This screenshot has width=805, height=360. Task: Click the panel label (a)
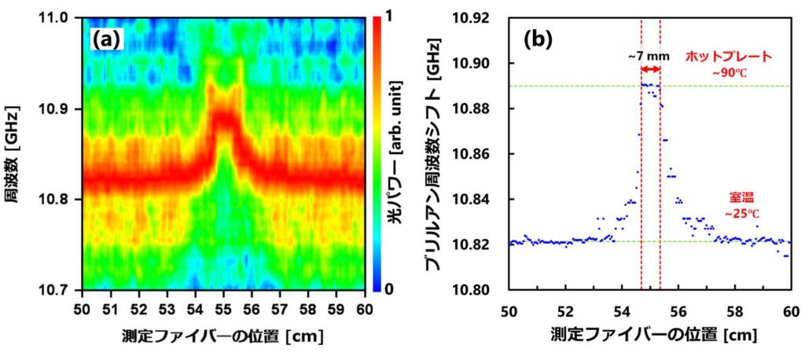click(106, 39)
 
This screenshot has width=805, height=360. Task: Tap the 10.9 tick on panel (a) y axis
click(64, 108)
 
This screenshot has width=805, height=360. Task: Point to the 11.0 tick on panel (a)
click(64, 17)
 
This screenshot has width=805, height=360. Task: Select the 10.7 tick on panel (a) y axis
click(64, 289)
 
